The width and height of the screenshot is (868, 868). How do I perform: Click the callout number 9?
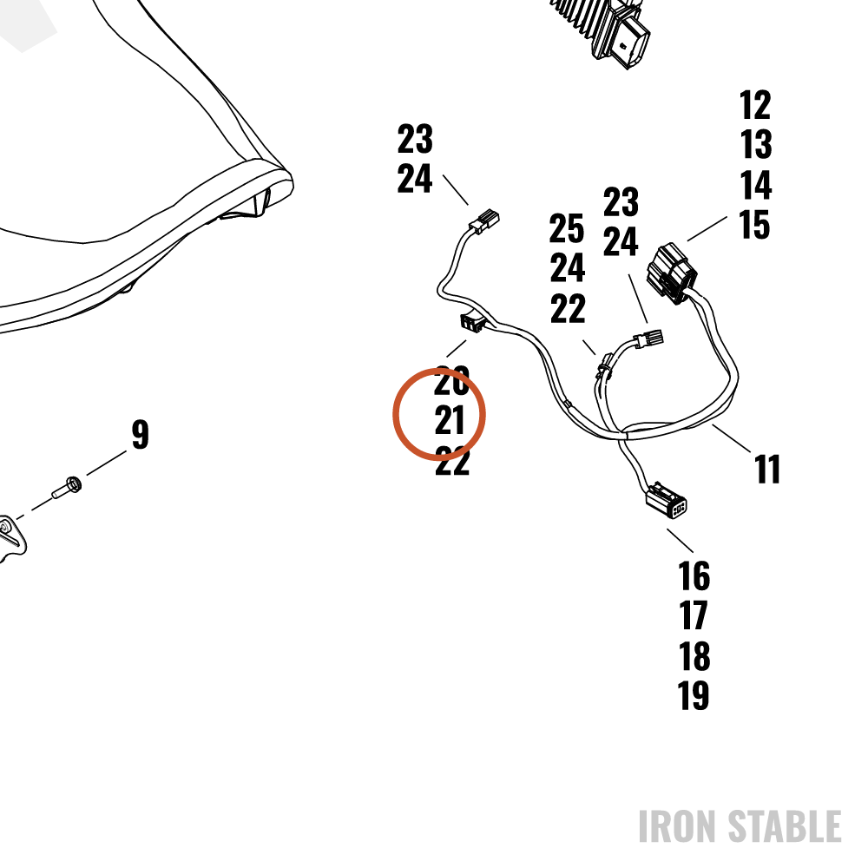pyautogui.click(x=141, y=434)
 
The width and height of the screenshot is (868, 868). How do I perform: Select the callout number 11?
pyautogui.click(x=767, y=470)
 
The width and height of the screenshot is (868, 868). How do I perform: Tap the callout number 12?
pyautogui.click(x=755, y=105)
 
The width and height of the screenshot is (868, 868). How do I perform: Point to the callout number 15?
pyautogui.click(x=754, y=225)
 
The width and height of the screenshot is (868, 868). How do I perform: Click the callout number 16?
pyautogui.click(x=694, y=575)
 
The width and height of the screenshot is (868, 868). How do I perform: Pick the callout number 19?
pyautogui.click(x=694, y=695)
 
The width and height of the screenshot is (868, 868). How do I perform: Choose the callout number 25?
pyautogui.click(x=566, y=228)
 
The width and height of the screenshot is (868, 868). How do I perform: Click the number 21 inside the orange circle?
pyautogui.click(x=450, y=421)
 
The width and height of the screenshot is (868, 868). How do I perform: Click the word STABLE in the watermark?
pyautogui.click(x=785, y=826)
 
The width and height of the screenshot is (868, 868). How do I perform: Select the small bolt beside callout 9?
pyautogui.click(x=68, y=487)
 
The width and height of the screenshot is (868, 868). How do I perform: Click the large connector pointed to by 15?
pyautogui.click(x=672, y=273)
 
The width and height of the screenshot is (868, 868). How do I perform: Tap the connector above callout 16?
pyautogui.click(x=667, y=500)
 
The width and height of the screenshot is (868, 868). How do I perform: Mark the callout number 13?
pyautogui.click(x=756, y=144)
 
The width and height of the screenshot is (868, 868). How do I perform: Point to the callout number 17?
pyautogui.click(x=693, y=615)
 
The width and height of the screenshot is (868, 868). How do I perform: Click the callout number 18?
pyautogui.click(x=694, y=656)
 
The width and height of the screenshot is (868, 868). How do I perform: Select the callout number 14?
pyautogui.click(x=756, y=185)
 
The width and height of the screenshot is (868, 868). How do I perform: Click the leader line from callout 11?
pyautogui.click(x=732, y=439)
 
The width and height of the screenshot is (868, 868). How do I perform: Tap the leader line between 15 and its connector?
pyautogui.click(x=707, y=228)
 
